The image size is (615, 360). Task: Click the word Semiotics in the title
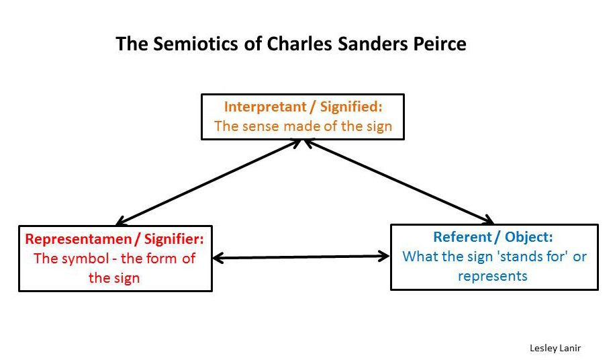coord(195,44)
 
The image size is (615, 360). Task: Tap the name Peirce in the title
coord(440,44)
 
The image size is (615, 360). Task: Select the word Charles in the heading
coord(300,44)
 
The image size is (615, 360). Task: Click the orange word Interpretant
coord(265,107)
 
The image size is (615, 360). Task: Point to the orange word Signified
coord(351,107)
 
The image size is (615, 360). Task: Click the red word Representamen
coord(79,239)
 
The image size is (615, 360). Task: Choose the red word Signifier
coord(174,239)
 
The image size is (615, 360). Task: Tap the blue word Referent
coord(463,237)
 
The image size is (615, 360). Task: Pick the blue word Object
coord(528,237)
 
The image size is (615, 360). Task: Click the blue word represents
coord(493,276)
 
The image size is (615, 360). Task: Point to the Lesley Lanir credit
coord(555,348)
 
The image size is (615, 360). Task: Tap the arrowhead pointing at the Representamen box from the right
coord(218,258)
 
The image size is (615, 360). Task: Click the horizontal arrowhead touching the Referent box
coord(383,257)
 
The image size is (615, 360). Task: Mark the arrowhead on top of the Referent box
coord(487,220)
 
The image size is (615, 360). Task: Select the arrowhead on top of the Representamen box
coord(121,221)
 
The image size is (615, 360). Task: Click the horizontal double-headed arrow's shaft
coord(301,257)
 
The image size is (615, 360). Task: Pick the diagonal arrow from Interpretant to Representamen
coord(208,183)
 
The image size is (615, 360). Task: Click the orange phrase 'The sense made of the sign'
coord(303,126)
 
